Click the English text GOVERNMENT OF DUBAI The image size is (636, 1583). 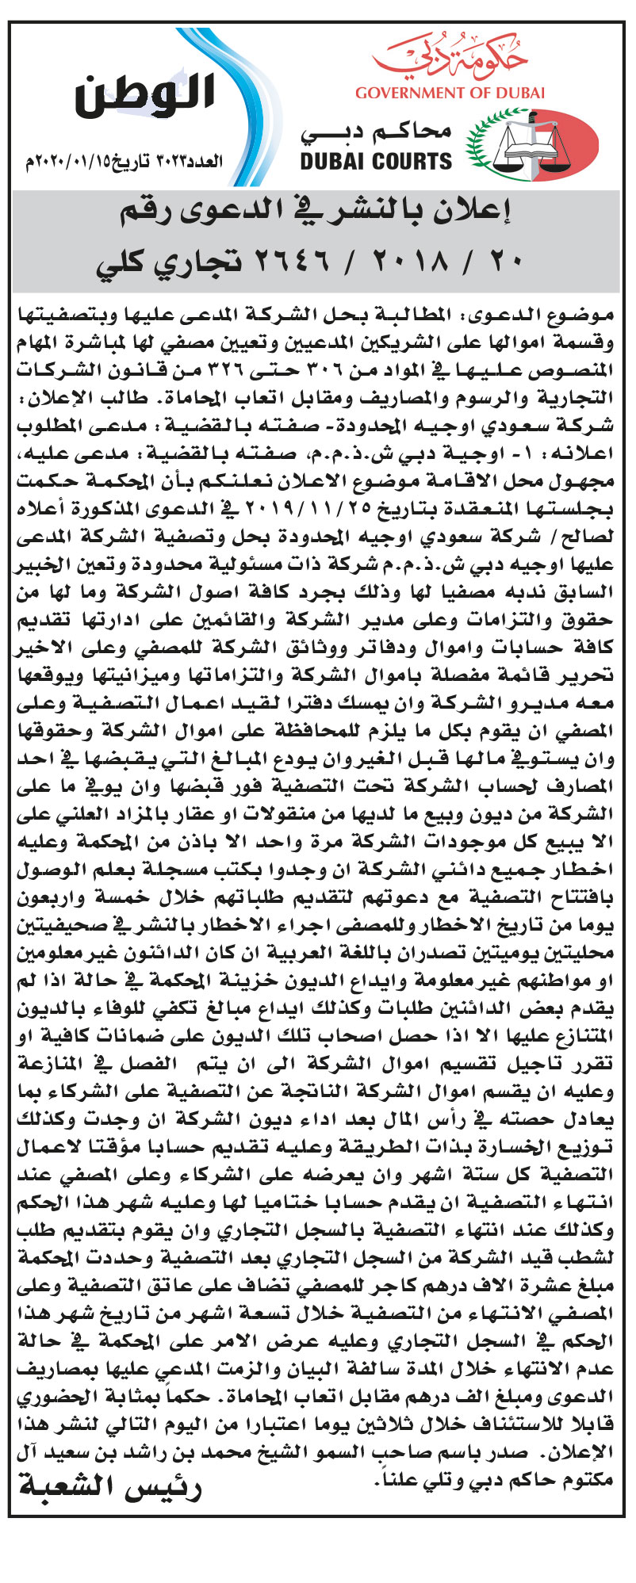coord(450,93)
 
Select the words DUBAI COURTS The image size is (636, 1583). coord(376,162)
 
